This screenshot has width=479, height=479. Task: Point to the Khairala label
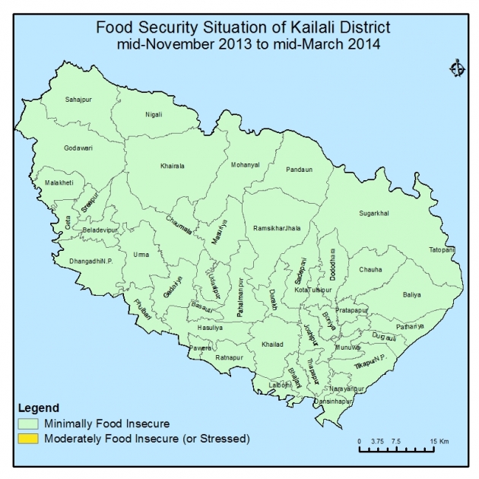coord(173,165)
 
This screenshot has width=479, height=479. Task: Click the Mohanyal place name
coord(245,164)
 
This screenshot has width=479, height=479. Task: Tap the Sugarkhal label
coord(373,214)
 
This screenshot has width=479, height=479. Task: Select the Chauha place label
coord(370,270)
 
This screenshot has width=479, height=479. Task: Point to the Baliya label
coord(411,293)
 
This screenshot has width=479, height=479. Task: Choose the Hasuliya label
coord(209,327)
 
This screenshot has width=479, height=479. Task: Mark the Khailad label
coord(272,344)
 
